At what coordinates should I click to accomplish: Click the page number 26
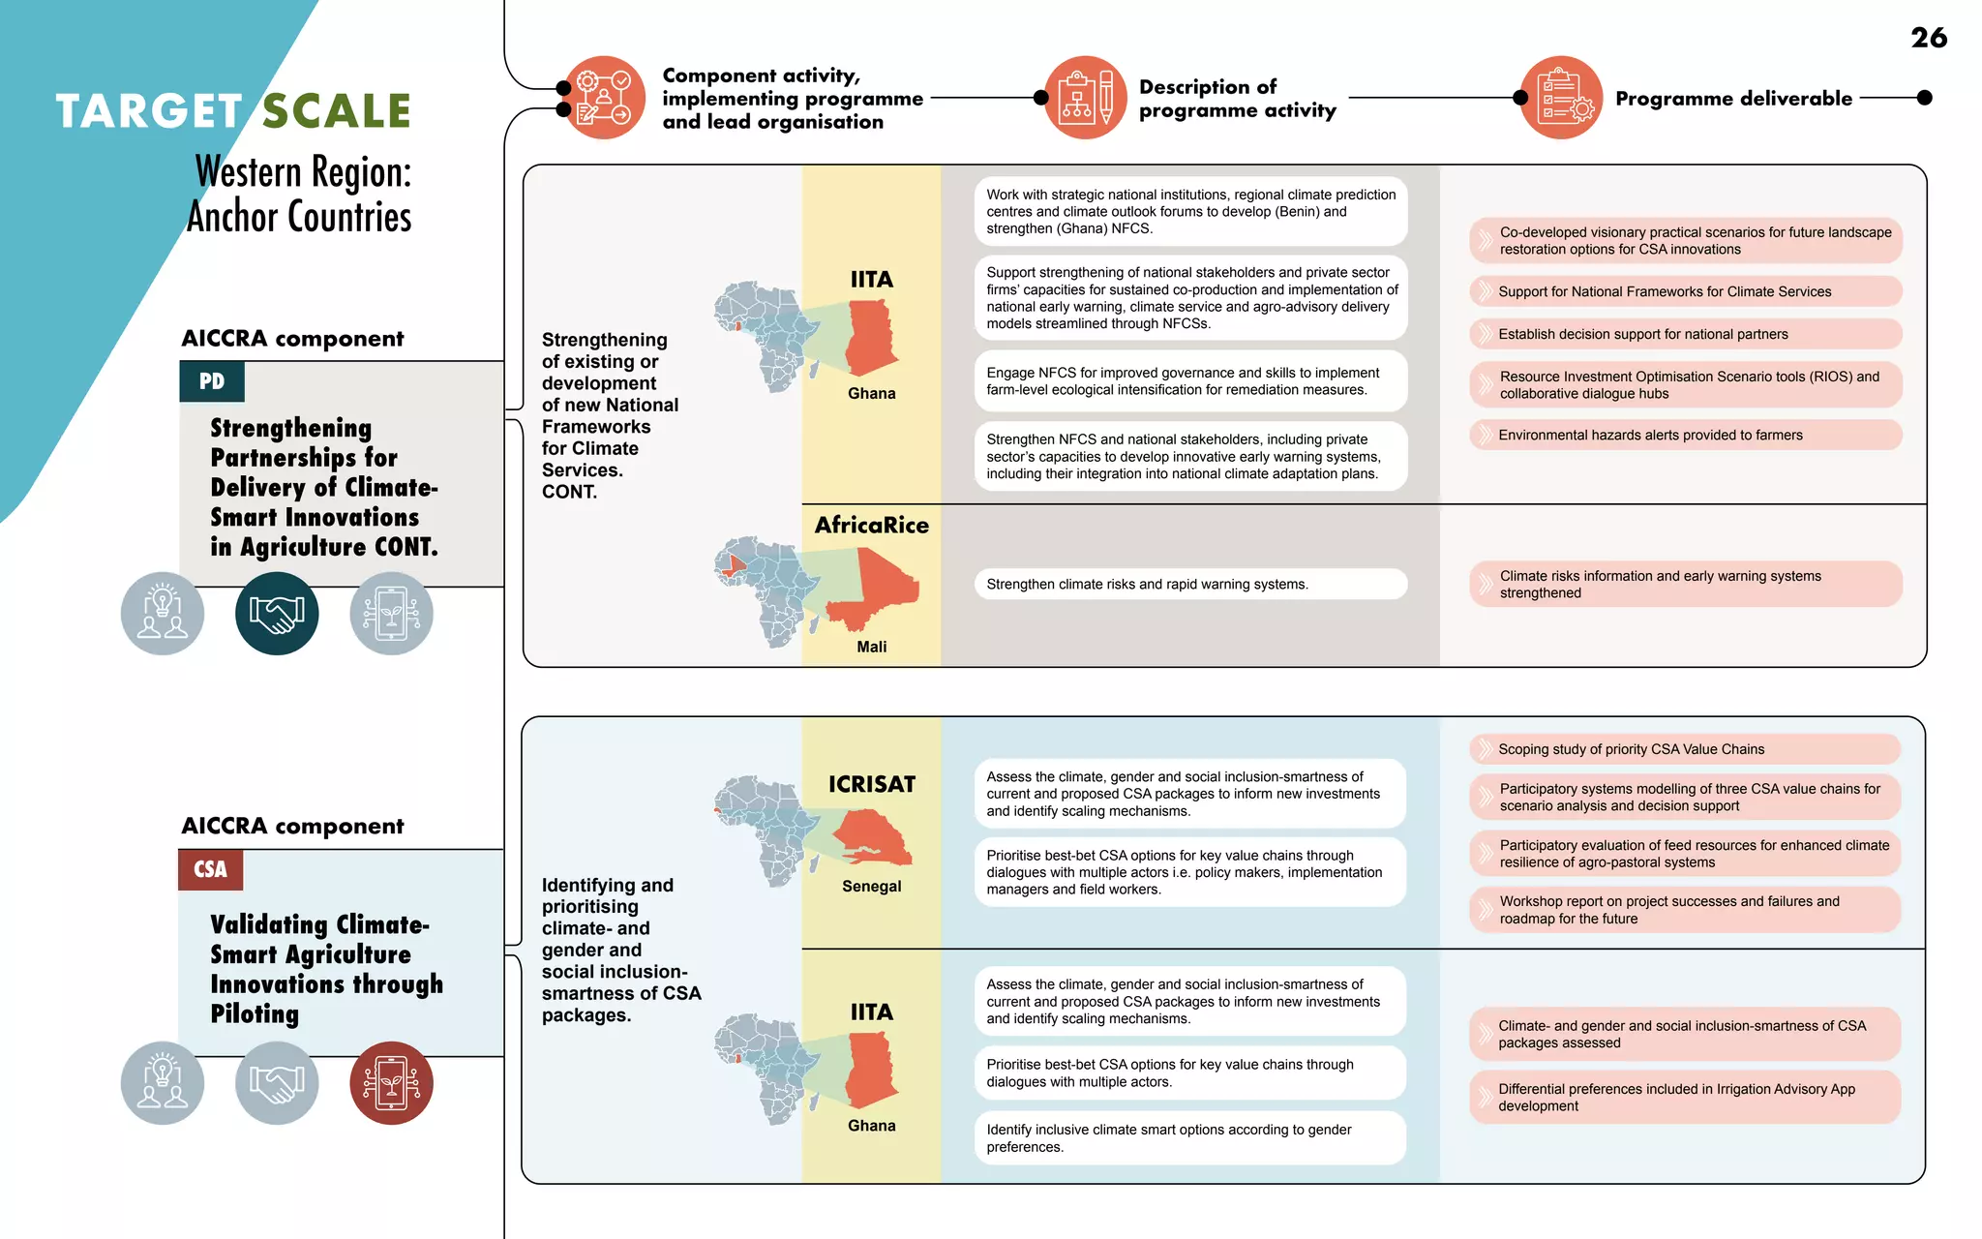[1928, 38]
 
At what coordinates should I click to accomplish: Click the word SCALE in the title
[337, 111]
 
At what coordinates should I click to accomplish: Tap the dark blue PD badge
[212, 381]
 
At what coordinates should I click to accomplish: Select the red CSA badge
[210, 869]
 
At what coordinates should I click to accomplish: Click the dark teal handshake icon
[277, 614]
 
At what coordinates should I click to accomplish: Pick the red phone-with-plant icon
[391, 1083]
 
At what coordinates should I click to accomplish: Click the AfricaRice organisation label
[871, 526]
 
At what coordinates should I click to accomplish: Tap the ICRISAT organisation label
[871, 784]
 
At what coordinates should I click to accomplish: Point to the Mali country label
[871, 647]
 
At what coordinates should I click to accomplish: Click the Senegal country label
[871, 886]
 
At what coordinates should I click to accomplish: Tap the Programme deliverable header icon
[1561, 98]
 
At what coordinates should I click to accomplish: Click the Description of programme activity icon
[1085, 98]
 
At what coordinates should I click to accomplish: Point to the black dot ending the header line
[1924, 98]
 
